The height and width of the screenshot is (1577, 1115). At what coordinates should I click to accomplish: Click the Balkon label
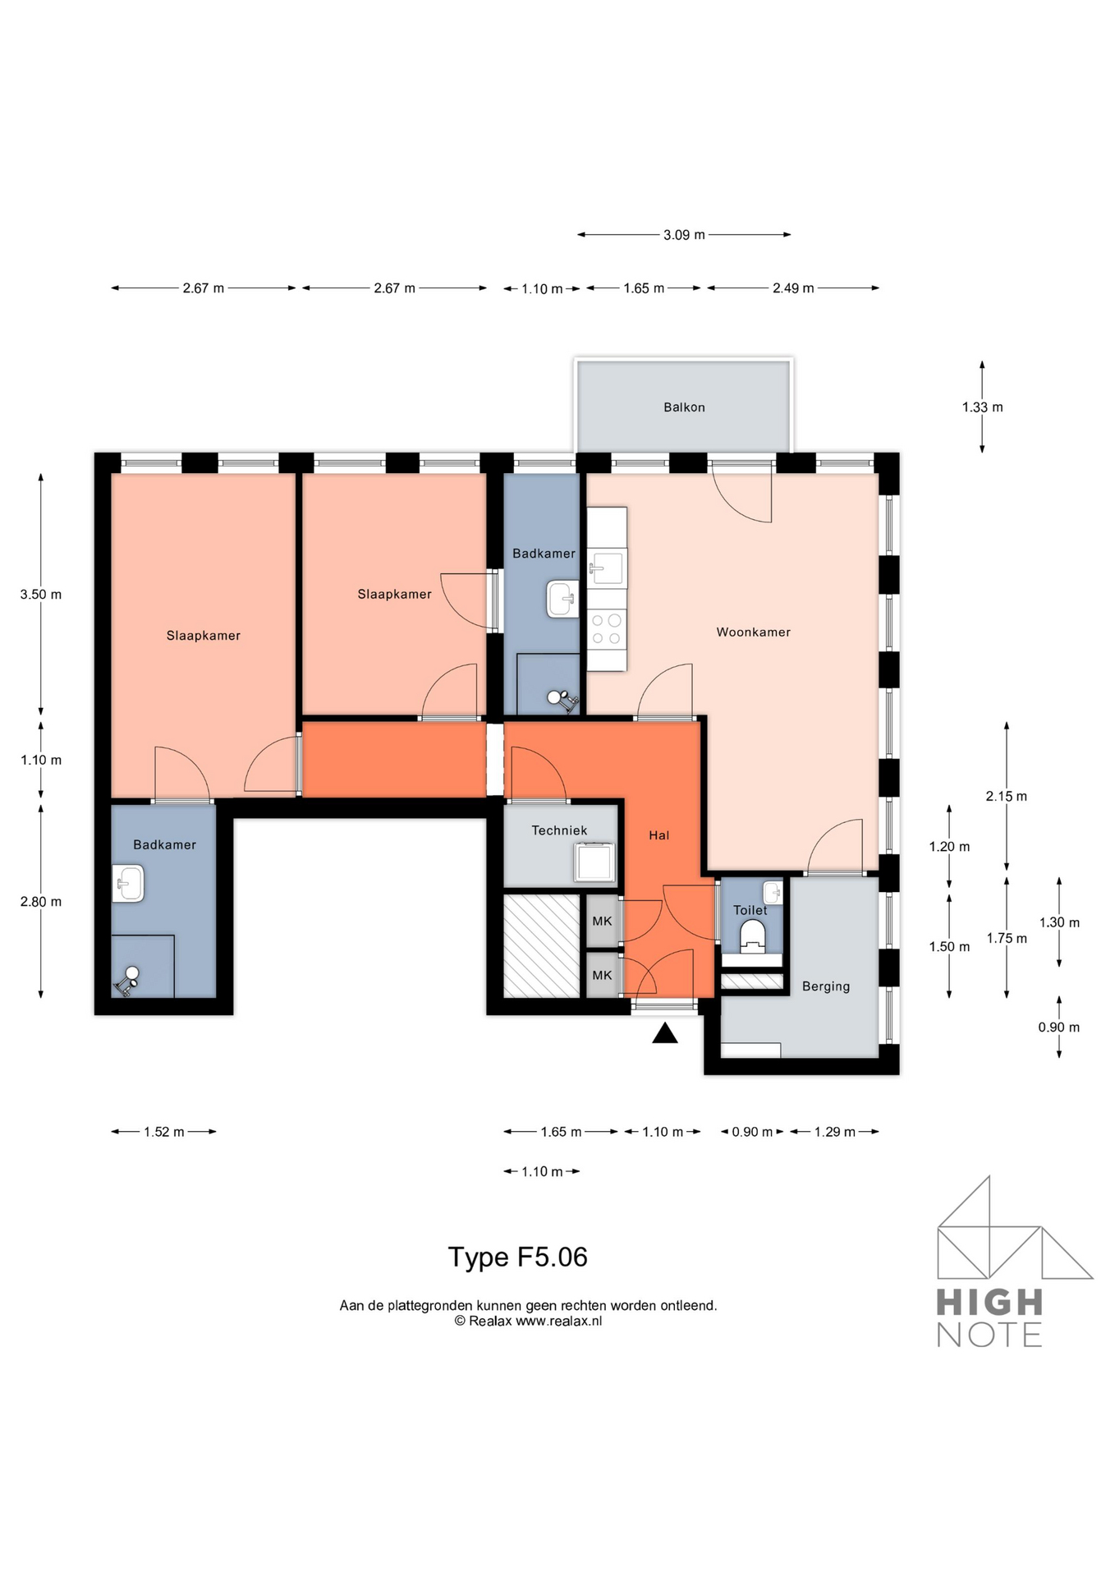(684, 407)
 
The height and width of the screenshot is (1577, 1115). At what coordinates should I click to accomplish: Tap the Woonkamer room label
(753, 632)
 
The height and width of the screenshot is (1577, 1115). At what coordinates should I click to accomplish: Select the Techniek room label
(559, 830)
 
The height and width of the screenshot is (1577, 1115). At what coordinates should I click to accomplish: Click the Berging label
(825, 986)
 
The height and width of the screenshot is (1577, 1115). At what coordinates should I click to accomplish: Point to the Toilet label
(750, 910)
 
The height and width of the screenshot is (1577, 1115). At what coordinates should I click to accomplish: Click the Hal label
(658, 835)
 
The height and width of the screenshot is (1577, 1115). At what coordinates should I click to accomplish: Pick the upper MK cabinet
(602, 922)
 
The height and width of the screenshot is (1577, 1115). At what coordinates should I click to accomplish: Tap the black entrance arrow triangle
(664, 1034)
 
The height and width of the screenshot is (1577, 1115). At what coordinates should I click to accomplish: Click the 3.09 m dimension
(684, 235)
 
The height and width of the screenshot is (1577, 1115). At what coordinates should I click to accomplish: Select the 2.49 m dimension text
(792, 288)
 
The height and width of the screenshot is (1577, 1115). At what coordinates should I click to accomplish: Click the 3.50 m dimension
(41, 595)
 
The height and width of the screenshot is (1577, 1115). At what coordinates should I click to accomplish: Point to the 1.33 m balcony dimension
(982, 407)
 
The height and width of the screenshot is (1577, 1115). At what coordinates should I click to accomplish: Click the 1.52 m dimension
(163, 1132)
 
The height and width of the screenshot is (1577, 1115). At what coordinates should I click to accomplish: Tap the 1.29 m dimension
(834, 1132)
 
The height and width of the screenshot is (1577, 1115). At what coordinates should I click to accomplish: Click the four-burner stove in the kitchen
(607, 629)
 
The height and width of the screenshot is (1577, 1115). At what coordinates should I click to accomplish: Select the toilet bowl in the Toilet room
(752, 935)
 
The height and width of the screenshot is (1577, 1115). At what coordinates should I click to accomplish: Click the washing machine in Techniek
(594, 862)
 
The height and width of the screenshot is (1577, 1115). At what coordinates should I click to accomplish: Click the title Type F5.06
(517, 1257)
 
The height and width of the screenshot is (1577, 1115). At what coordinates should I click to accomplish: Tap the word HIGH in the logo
(989, 1303)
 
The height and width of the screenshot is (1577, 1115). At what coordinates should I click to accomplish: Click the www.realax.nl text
(558, 1322)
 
